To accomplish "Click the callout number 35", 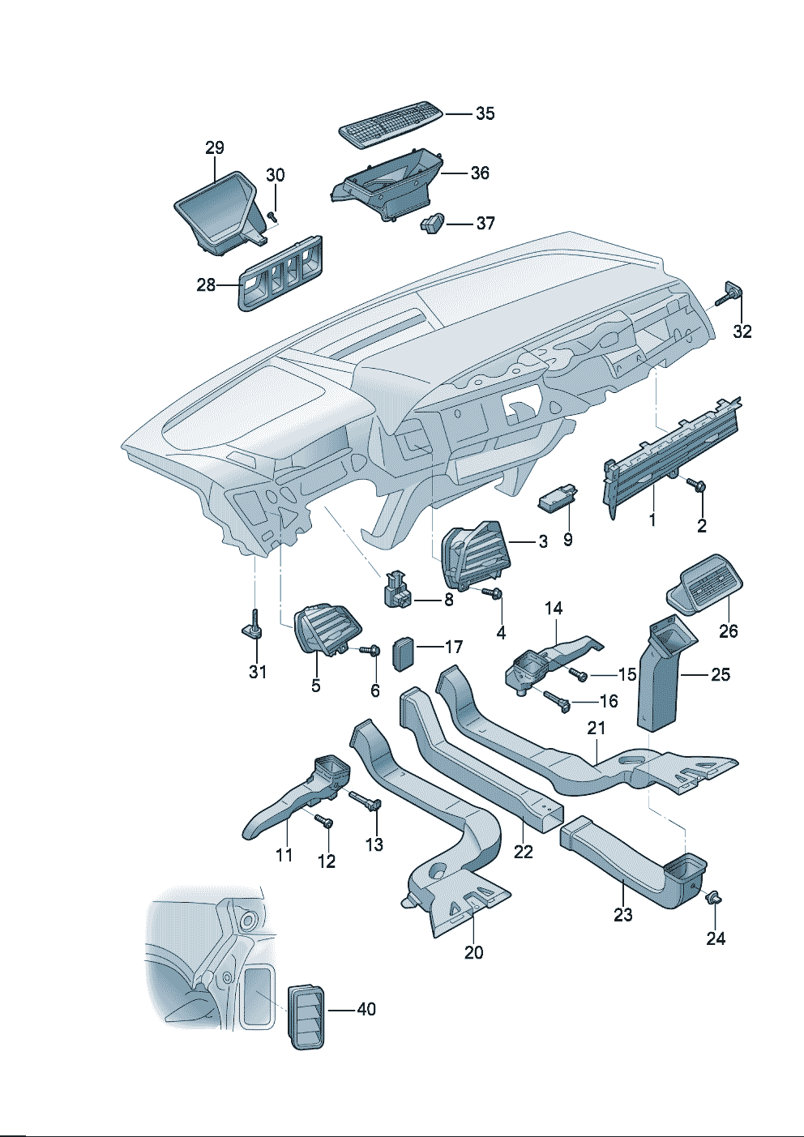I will click(485, 113).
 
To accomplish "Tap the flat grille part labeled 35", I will click(391, 124).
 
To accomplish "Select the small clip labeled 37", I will click(433, 222).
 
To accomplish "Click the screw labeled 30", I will click(272, 216).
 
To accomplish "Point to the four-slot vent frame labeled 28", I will click(280, 275).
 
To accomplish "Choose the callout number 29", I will click(214, 147).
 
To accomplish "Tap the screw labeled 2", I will click(696, 485).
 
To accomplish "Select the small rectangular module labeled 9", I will click(558, 496).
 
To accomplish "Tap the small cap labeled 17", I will click(403, 652).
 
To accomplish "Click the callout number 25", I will click(720, 674).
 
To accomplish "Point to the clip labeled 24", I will click(714, 897).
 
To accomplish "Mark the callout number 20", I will click(473, 952).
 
